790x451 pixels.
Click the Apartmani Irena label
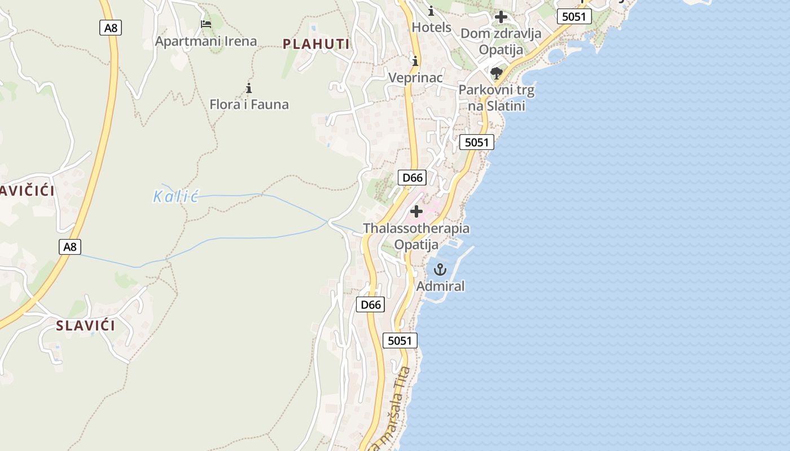(x=206, y=41)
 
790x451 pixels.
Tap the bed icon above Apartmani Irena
(x=206, y=24)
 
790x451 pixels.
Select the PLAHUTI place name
(x=316, y=44)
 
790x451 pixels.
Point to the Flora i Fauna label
(x=249, y=104)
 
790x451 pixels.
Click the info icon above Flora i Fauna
(x=249, y=88)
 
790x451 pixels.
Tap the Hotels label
(x=432, y=27)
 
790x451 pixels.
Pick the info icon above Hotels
(x=432, y=11)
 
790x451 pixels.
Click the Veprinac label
(x=415, y=77)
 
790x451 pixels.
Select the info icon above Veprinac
(x=416, y=61)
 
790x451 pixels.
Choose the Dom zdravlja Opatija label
(x=501, y=41)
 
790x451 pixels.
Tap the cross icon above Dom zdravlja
(x=501, y=17)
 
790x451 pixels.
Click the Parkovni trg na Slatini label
(x=497, y=98)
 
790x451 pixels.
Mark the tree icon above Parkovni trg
(x=497, y=73)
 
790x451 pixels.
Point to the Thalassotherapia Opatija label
(x=416, y=236)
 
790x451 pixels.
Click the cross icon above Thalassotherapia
(x=416, y=211)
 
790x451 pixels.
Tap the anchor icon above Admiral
(x=440, y=269)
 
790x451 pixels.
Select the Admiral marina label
(x=441, y=286)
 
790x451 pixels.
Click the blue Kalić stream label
(x=176, y=197)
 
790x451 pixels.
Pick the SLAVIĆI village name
(x=85, y=325)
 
